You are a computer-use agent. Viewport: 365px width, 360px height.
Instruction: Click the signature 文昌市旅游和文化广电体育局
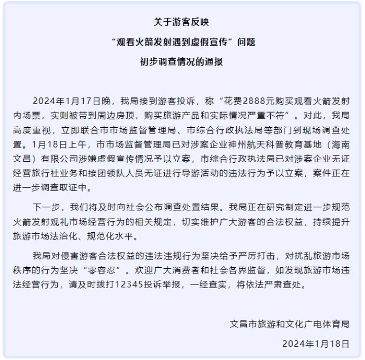click(x=289, y=323)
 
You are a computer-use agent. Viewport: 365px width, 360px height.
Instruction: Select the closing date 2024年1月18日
click(x=316, y=343)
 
